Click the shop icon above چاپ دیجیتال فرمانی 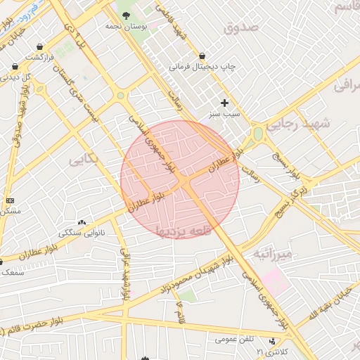tap(202, 56)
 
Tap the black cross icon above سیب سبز tap(224, 103)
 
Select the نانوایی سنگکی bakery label tap(82, 232)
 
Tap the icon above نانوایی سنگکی tap(82, 222)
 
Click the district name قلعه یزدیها tap(181, 229)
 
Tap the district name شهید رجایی tap(325, 122)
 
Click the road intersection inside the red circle tap(184, 181)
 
